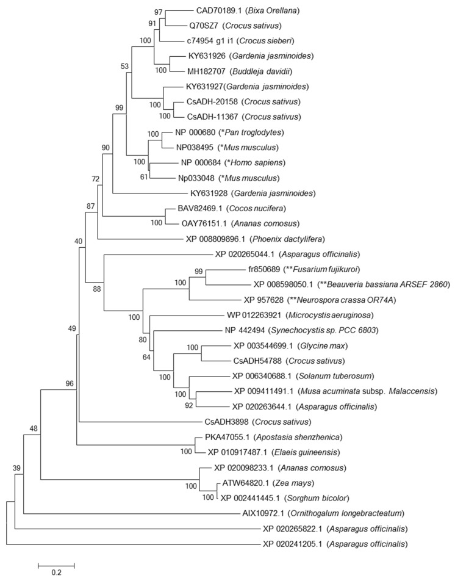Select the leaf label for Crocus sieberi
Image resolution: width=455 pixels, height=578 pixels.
pyautogui.click(x=223, y=42)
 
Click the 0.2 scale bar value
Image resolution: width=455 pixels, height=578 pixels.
pyautogui.click(x=56, y=572)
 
